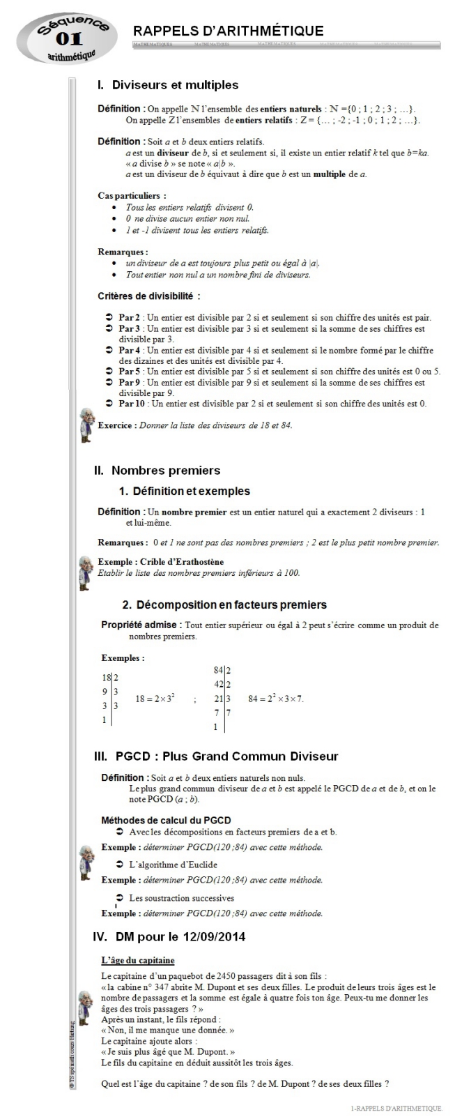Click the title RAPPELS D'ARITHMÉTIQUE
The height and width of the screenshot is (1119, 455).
coord(228,31)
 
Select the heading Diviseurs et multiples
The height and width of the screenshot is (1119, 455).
coord(175,85)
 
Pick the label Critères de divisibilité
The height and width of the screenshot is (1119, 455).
coord(148,296)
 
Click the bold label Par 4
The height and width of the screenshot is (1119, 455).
coord(130,351)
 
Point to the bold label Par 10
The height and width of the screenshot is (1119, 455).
coord(132,404)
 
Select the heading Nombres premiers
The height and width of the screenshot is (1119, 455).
coord(165,471)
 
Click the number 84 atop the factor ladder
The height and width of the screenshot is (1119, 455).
coord(218,670)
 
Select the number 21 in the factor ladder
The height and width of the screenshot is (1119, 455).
coord(218,699)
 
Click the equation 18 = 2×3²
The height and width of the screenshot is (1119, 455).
coord(155,698)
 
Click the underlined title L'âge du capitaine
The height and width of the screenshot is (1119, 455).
coord(137,961)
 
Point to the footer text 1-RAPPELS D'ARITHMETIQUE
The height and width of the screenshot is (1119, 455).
coord(396,1108)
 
